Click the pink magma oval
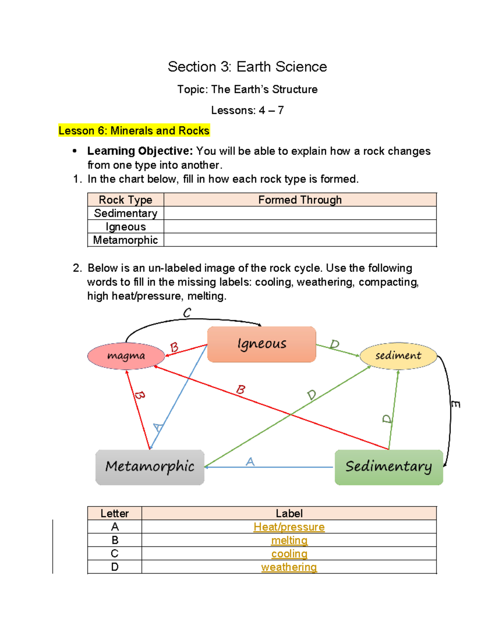coord(126,356)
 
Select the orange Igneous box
coord(262,344)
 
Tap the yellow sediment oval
coord(398,356)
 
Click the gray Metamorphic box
coord(150,467)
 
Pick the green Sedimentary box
coord(389,467)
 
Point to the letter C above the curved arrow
coord(187,313)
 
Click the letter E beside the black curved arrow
coord(455,404)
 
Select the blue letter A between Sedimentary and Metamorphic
coord(250,462)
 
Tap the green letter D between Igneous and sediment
coord(334,344)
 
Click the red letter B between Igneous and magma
coord(174,347)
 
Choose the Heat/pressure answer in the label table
coord(289,527)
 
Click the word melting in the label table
coord(289,540)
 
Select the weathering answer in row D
coord(289,567)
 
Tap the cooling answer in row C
coord(289,553)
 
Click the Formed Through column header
coord(300,200)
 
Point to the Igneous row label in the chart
coord(125,227)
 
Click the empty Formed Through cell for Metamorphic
coord(300,240)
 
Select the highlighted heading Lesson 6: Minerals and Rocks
coord(134,131)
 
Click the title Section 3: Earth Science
coord(247,67)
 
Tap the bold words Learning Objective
coord(140,151)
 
